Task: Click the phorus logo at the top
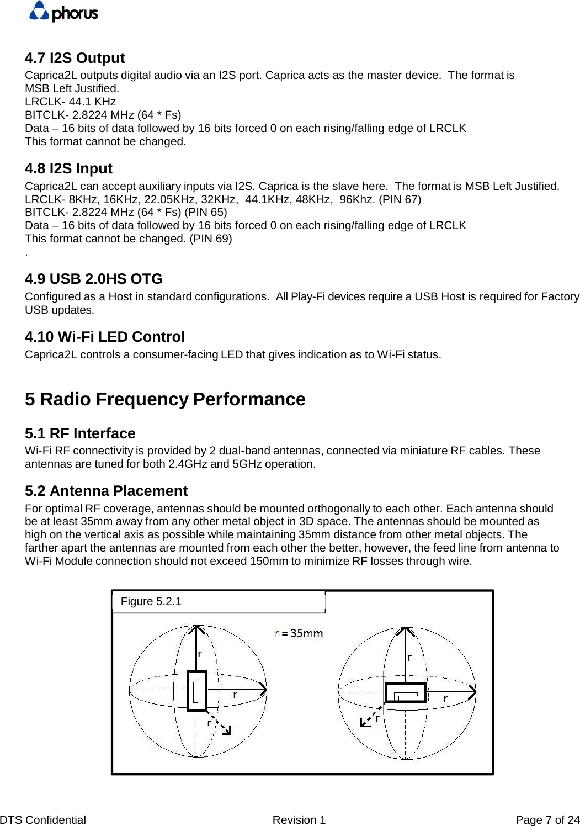click(63, 12)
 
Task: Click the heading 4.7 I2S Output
click(75, 58)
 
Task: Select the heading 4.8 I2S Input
click(68, 168)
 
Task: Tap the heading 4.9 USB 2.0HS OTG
click(93, 279)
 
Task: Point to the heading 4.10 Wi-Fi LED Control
click(104, 337)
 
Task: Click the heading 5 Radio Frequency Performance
click(165, 399)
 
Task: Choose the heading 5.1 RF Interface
click(80, 433)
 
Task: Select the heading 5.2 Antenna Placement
click(106, 491)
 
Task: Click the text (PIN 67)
click(400, 199)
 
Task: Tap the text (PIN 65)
click(205, 213)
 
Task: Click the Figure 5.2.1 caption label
click(151, 601)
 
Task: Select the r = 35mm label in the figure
click(299, 633)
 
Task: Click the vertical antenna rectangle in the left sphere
click(196, 691)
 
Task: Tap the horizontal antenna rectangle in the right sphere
click(405, 692)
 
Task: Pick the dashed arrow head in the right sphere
click(364, 723)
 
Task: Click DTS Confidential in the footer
click(43, 820)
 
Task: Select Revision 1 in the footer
click(299, 820)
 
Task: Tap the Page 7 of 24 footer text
click(547, 820)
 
